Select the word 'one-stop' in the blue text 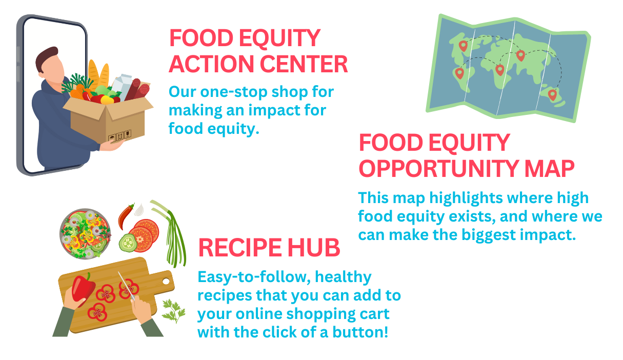point(238,92)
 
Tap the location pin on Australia point(552,94)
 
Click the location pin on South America point(459,73)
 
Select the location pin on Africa point(500,69)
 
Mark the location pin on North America point(463,46)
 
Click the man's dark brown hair point(46,57)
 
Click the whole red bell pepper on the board point(84,288)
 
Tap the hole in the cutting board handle point(166,281)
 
